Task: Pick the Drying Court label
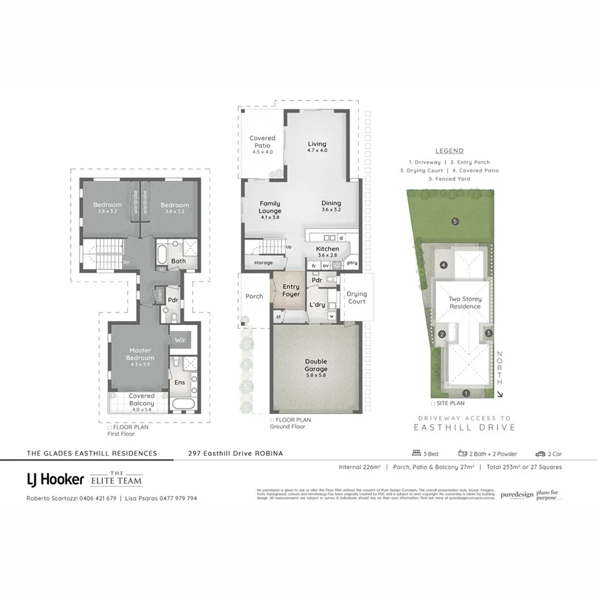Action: [x=356, y=298]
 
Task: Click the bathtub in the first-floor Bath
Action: [x=162, y=253]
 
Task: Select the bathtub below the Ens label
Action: [x=182, y=403]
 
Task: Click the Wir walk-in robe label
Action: [x=180, y=340]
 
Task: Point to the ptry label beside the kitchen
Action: [x=352, y=263]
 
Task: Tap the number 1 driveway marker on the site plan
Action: [x=466, y=393]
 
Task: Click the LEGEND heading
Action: [x=449, y=151]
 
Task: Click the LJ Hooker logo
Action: [x=54, y=479]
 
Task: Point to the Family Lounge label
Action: [x=269, y=208]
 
